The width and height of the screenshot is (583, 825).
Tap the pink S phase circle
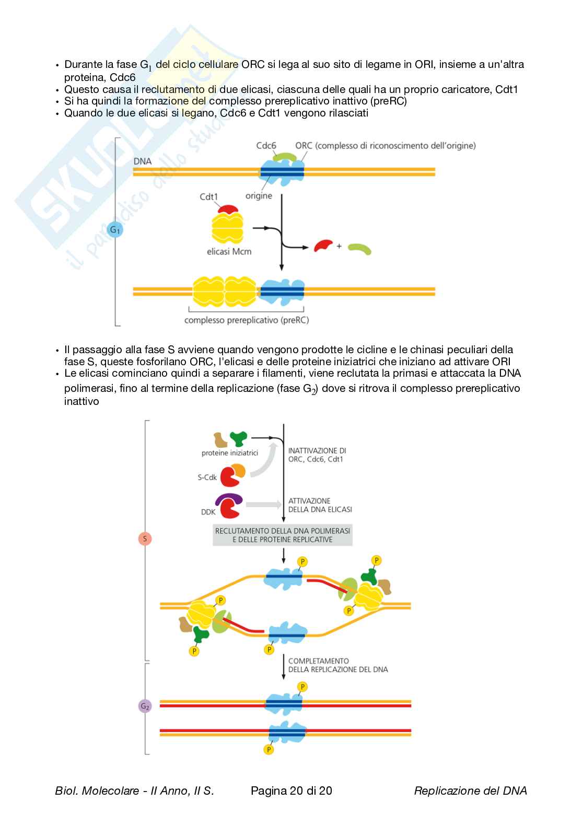coord(145,539)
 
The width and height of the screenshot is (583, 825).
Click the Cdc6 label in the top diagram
coord(266,146)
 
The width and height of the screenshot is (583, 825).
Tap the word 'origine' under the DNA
coord(259,196)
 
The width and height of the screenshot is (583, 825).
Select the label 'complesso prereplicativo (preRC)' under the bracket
coord(247,320)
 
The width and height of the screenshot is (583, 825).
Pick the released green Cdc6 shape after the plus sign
coord(360,249)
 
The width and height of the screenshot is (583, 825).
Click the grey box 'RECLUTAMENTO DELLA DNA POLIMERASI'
coord(283,534)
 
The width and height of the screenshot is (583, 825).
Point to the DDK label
coord(208,512)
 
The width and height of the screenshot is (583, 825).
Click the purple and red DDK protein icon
coord(230,505)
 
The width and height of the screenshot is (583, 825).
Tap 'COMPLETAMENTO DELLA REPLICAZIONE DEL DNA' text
coord(338,665)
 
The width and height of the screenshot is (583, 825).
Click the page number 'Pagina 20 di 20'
coord(291,791)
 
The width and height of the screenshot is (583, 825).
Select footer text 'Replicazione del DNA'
coord(470,791)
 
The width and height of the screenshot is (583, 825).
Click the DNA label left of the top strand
coord(143,161)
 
